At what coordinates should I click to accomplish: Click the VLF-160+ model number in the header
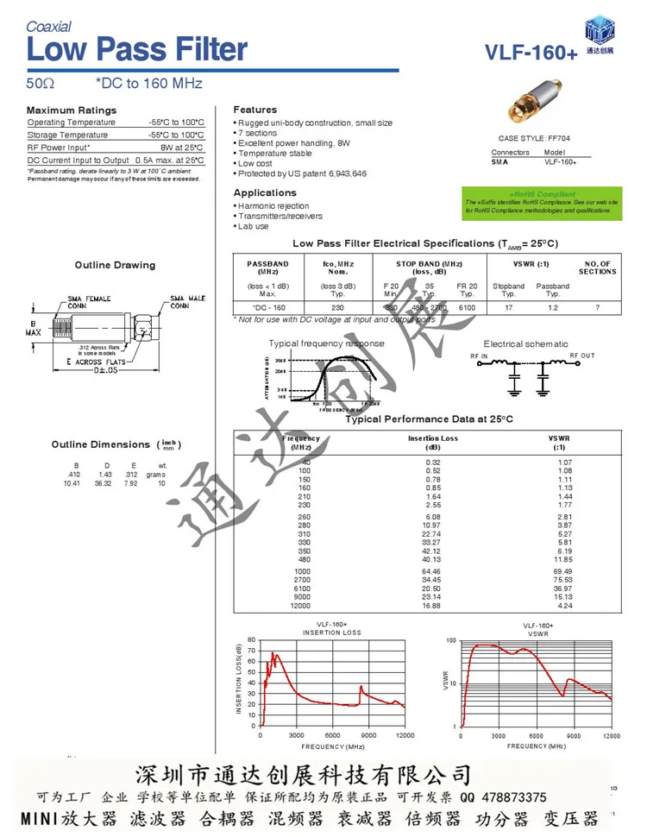coord(531,53)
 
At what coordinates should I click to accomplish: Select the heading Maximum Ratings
coord(71,110)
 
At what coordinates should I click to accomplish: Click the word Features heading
coord(255,110)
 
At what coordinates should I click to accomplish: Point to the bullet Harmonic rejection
coord(273,206)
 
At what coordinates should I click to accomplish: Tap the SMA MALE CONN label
coord(188,302)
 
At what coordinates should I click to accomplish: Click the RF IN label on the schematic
coord(479,356)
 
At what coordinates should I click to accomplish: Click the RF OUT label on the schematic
coord(581,356)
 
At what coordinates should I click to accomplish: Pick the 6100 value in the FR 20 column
coord(467,307)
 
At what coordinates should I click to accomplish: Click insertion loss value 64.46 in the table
coord(430,570)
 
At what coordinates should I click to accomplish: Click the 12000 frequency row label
coord(300,605)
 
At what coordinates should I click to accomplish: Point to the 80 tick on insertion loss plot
coord(252,640)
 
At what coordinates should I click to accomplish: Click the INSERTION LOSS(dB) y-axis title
coord(239,683)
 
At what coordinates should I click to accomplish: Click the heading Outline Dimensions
coord(101,444)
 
